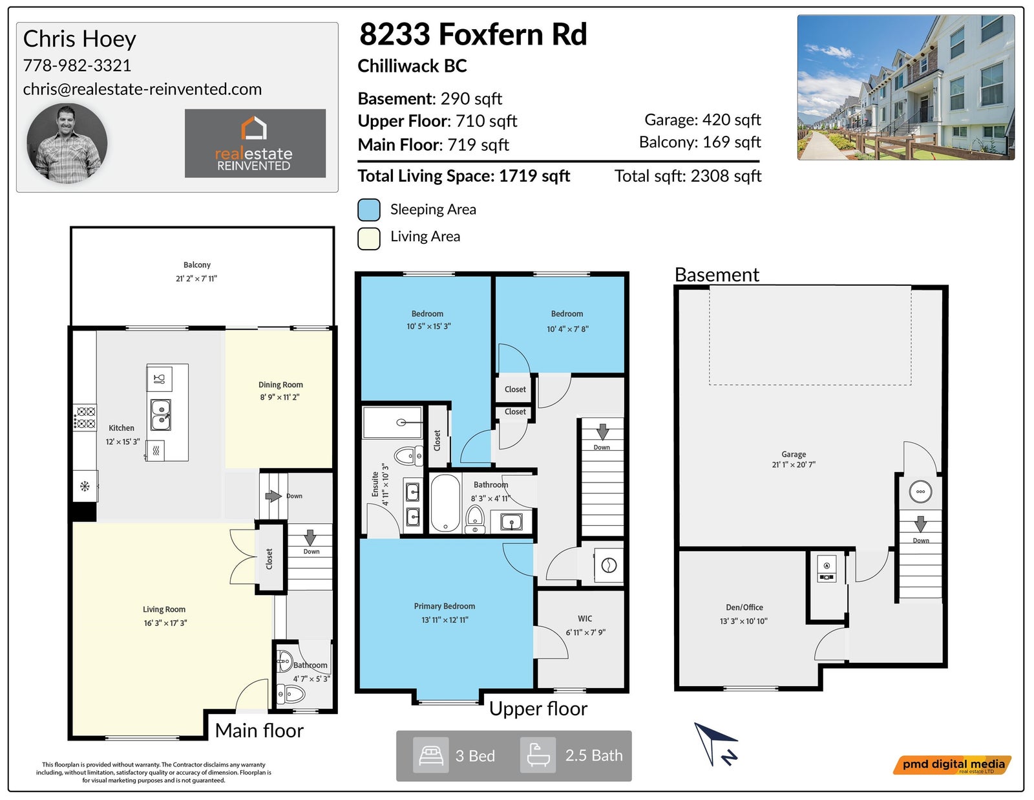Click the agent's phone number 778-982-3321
pyautogui.click(x=77, y=65)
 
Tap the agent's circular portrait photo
pyautogui.click(x=67, y=144)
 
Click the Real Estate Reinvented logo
pyautogui.click(x=255, y=144)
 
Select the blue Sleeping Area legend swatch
pyautogui.click(x=369, y=210)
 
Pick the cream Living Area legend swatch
pyautogui.click(x=369, y=239)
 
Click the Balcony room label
pyautogui.click(x=197, y=265)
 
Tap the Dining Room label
pyautogui.click(x=280, y=385)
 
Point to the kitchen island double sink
pyautogui.click(x=161, y=415)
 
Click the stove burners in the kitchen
pyautogui.click(x=85, y=418)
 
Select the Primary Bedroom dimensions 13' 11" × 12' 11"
pyautogui.click(x=445, y=620)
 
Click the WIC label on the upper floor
pyautogui.click(x=585, y=618)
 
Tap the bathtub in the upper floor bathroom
pyautogui.click(x=445, y=503)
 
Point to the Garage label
pyautogui.click(x=794, y=454)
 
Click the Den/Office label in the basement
pyautogui.click(x=744, y=608)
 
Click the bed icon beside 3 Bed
pyautogui.click(x=430, y=755)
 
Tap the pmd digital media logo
pyautogui.click(x=952, y=765)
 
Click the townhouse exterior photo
pyautogui.click(x=906, y=87)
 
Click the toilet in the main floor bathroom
pyautogui.click(x=290, y=695)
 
